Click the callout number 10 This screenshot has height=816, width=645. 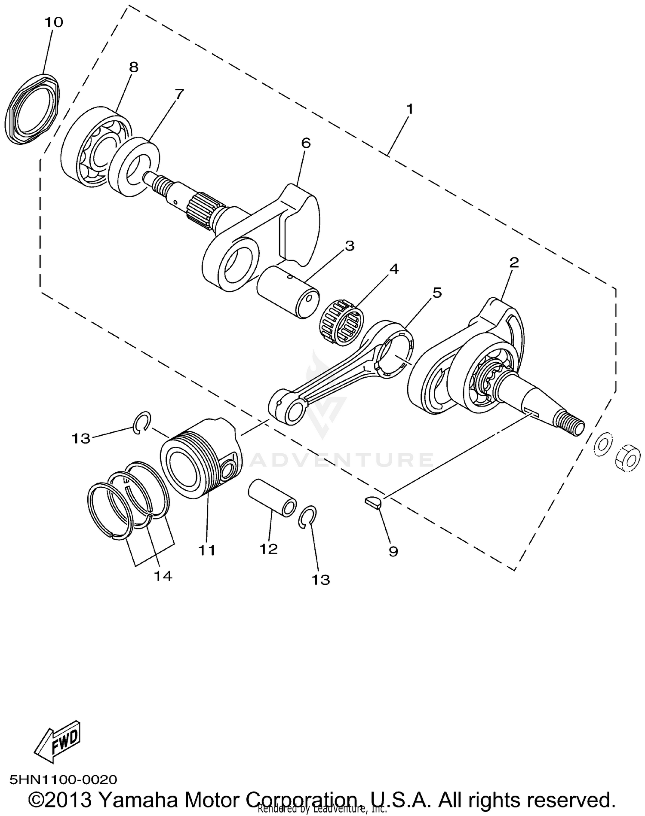[x=54, y=22]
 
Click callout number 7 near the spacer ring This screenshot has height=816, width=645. [x=179, y=93]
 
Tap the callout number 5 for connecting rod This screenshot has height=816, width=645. [x=437, y=293]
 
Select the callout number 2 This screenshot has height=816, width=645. [x=514, y=263]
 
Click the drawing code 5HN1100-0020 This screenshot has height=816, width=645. [x=63, y=779]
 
